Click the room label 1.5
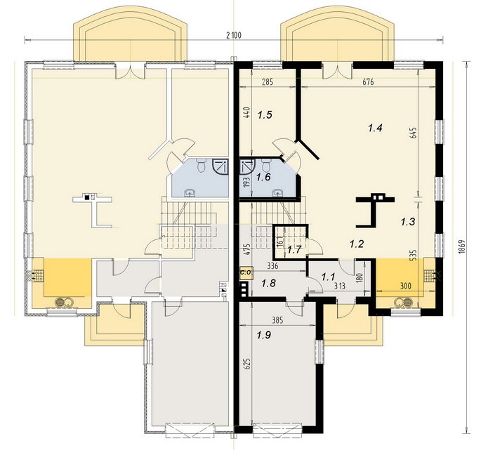(x=265, y=115)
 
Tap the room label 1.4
(x=375, y=128)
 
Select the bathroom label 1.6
(x=263, y=177)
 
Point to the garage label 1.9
(x=264, y=336)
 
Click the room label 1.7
(x=294, y=250)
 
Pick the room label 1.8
(x=268, y=283)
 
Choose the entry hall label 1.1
(x=328, y=277)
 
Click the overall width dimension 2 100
(x=234, y=35)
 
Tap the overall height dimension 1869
(x=463, y=246)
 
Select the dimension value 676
(x=368, y=82)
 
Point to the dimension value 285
(x=268, y=82)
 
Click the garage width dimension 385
(x=277, y=320)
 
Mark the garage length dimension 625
(x=248, y=364)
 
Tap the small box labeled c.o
(x=246, y=272)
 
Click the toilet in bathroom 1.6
(x=266, y=165)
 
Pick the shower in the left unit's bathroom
(x=220, y=166)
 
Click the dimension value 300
(x=406, y=286)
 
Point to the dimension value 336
(x=272, y=266)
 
